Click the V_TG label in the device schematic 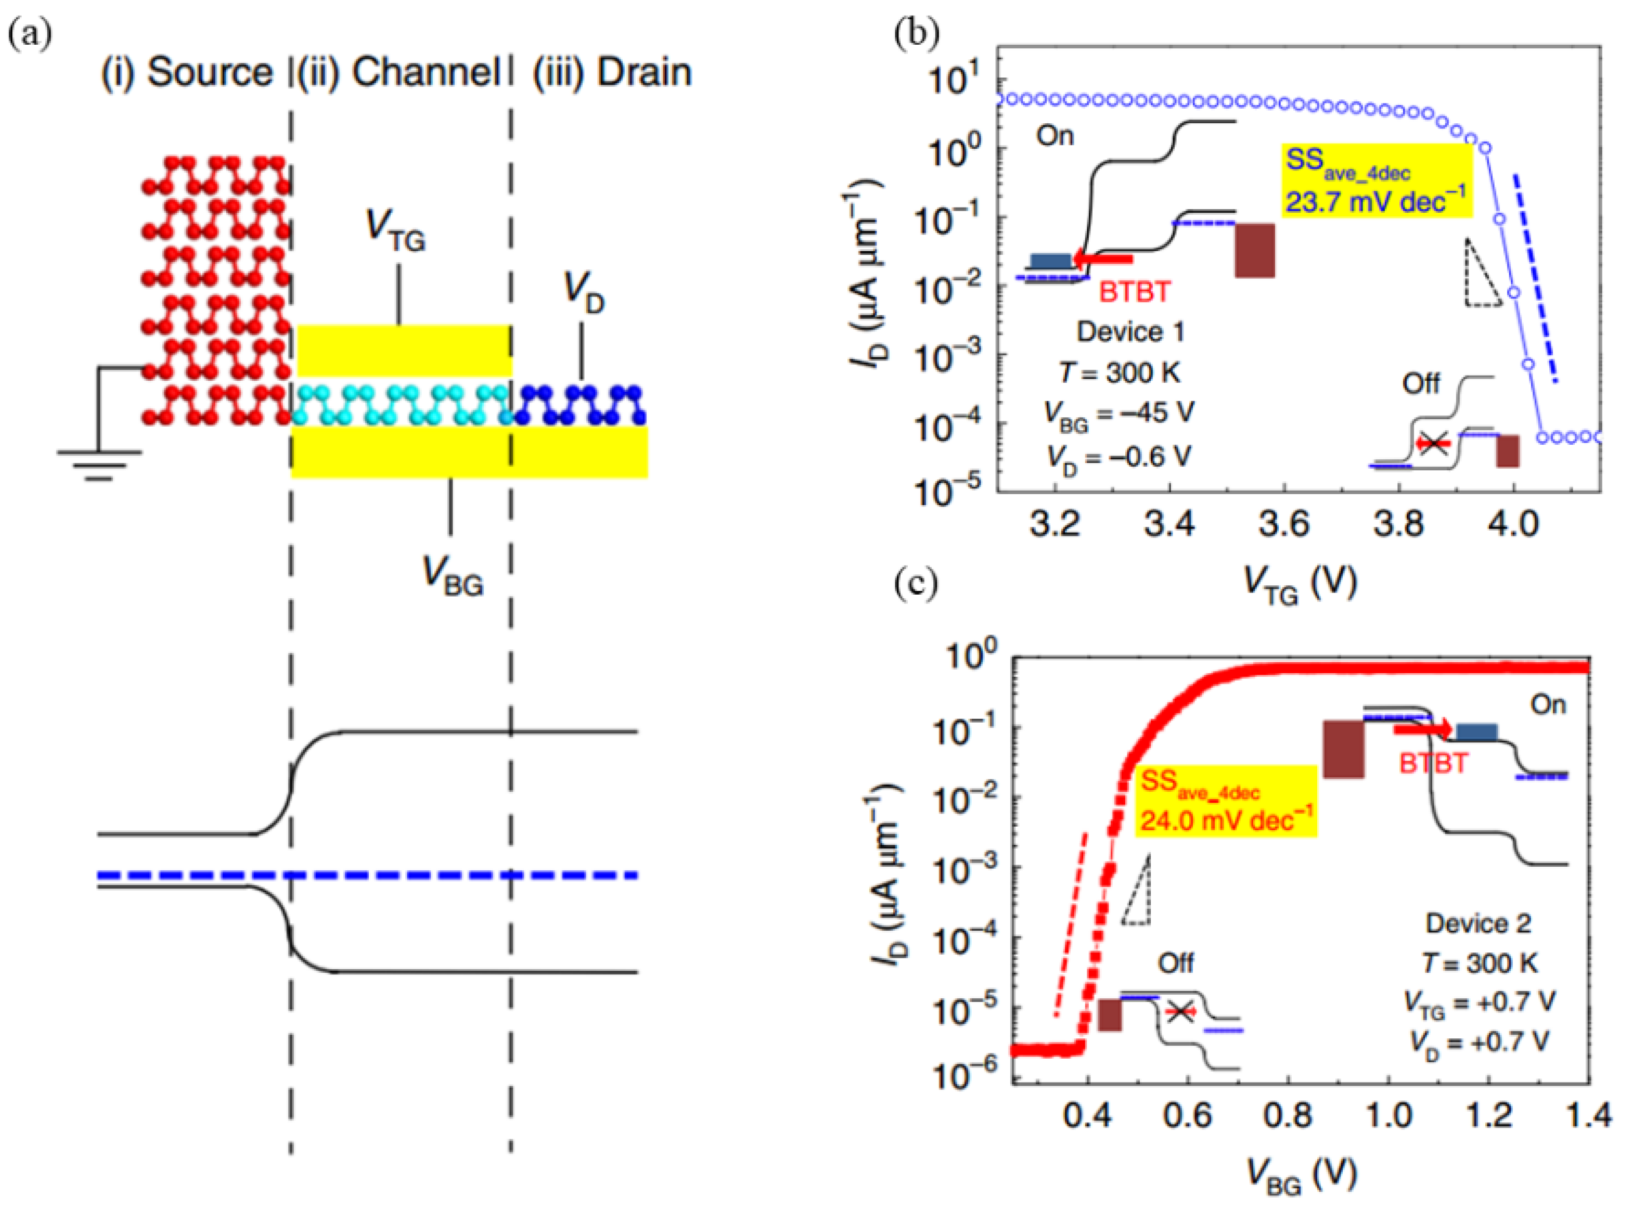396,231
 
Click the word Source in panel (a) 210,73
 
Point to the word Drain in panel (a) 644,73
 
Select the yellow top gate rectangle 403,351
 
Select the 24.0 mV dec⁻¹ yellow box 1226,801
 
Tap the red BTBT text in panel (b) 1134,292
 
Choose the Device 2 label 1478,923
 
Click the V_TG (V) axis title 1300,584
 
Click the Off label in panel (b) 1420,383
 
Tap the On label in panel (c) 1547,705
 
